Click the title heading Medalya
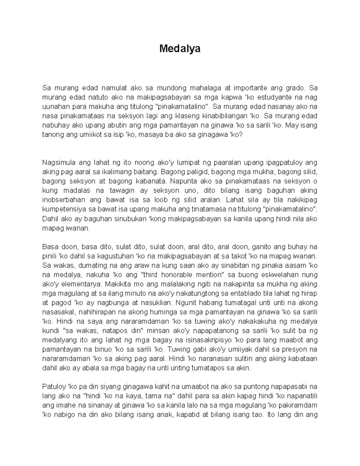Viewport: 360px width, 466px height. click(180, 48)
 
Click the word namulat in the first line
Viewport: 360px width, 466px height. click(113, 88)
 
